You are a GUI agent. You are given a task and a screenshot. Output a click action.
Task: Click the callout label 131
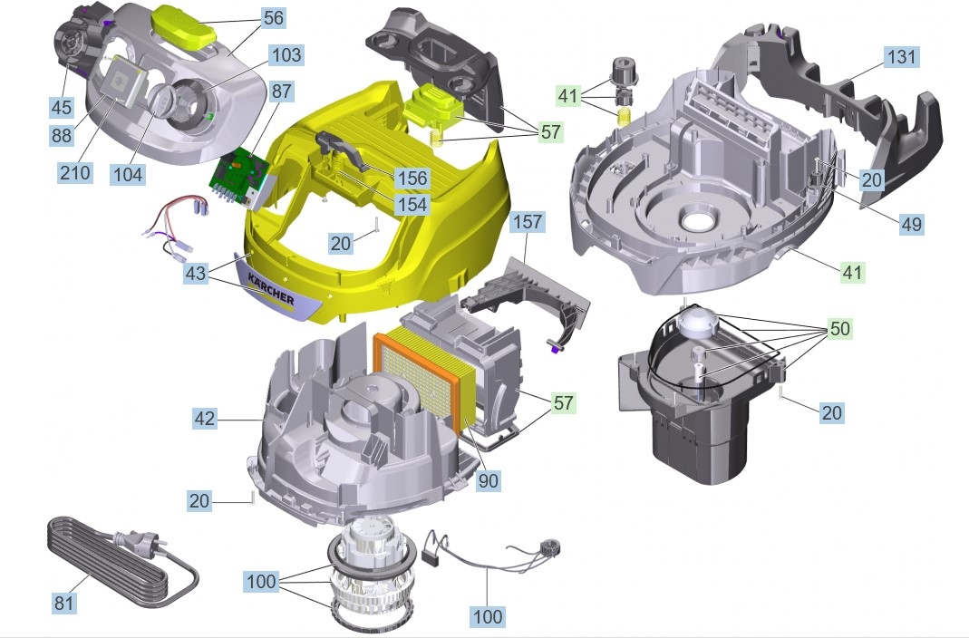pyautogui.click(x=901, y=57)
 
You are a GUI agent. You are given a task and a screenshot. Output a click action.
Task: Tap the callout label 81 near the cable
pyautogui.click(x=64, y=602)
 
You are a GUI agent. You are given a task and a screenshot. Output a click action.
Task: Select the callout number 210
pyautogui.click(x=74, y=172)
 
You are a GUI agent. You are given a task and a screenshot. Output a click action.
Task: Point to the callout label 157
pyautogui.click(x=528, y=221)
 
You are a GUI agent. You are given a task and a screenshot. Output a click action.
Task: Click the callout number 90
pyautogui.click(x=489, y=480)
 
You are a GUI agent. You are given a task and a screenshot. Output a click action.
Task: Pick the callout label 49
pyautogui.click(x=911, y=224)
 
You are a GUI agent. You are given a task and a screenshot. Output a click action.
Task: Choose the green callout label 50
pyautogui.click(x=840, y=328)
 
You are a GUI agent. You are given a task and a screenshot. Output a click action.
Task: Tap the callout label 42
pyautogui.click(x=205, y=418)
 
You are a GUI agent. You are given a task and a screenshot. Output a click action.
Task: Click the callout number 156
pyautogui.click(x=412, y=178)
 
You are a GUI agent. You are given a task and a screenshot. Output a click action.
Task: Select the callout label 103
pyautogui.click(x=286, y=54)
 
